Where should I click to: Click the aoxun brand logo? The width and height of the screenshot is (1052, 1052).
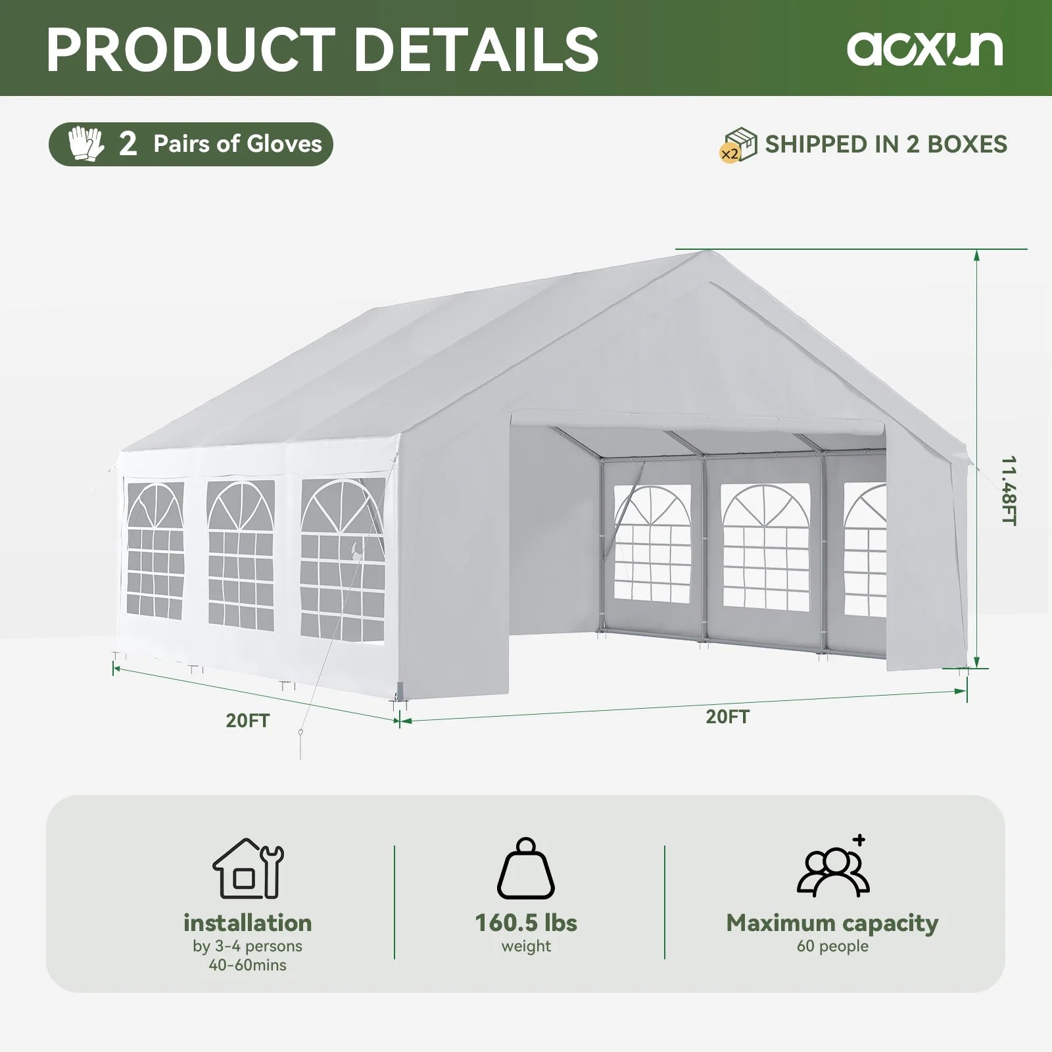(x=924, y=48)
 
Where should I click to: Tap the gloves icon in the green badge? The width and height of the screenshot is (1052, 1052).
(x=86, y=144)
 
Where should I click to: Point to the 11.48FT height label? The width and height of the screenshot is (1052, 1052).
(x=1009, y=490)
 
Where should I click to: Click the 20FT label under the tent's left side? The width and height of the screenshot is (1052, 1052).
(x=248, y=721)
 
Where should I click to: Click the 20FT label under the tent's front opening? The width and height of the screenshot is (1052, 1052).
(x=727, y=717)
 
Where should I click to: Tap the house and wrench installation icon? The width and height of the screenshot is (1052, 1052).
(x=248, y=869)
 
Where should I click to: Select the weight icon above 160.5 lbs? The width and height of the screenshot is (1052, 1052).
(x=526, y=869)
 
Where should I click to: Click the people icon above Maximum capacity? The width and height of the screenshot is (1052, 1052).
(x=833, y=868)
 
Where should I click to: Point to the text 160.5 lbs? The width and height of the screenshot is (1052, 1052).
(x=526, y=922)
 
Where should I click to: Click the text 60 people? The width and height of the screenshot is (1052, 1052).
(x=832, y=946)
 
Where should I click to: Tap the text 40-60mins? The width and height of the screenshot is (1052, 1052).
(x=248, y=965)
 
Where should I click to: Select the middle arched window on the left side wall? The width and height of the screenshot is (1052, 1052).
(x=241, y=554)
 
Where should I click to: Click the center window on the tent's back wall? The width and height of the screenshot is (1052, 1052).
(x=765, y=549)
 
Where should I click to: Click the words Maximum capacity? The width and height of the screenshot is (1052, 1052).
(x=832, y=922)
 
